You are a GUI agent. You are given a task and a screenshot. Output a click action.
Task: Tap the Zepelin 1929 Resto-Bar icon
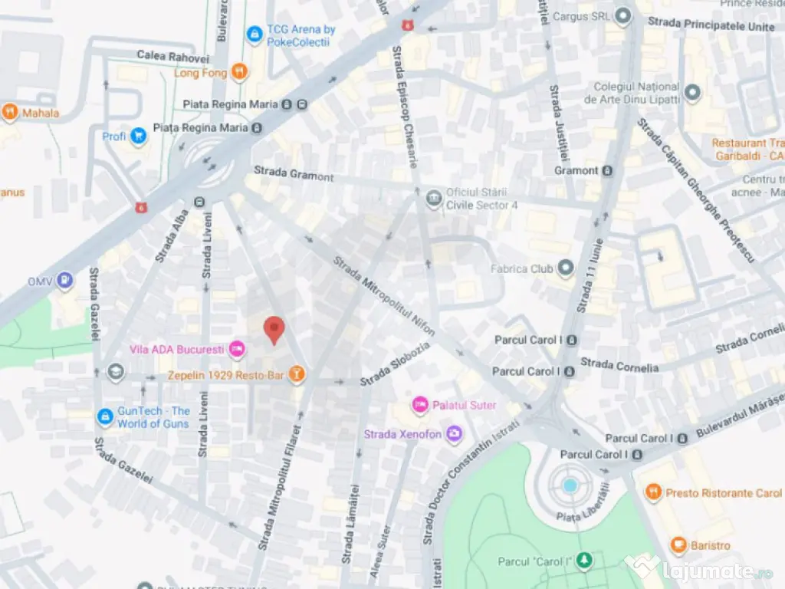click(x=296, y=375)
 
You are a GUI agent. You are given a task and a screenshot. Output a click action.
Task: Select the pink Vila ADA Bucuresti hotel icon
click(x=238, y=350)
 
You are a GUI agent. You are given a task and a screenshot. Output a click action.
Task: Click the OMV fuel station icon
click(x=66, y=281)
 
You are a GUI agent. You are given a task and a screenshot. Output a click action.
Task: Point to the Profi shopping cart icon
click(x=138, y=137)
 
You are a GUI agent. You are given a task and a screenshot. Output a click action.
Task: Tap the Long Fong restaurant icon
click(x=240, y=73)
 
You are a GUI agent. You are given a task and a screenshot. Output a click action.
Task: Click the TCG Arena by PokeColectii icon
click(x=255, y=35)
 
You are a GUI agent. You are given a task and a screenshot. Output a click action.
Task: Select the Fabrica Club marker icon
click(x=566, y=268)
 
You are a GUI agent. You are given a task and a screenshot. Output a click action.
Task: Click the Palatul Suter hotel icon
click(x=419, y=404)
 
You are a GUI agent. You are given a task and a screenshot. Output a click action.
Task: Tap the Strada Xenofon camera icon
click(x=455, y=434)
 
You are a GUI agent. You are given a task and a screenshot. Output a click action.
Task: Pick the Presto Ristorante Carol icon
click(x=653, y=492)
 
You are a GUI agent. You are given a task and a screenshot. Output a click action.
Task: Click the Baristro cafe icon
click(x=678, y=545)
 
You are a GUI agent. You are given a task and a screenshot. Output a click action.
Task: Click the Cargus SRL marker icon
click(x=622, y=15)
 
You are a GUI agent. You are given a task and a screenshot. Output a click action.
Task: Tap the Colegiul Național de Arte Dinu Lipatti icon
click(x=692, y=93)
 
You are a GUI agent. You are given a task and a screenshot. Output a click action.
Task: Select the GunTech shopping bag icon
click(x=105, y=416)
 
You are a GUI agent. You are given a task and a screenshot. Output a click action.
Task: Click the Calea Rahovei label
click(x=173, y=56)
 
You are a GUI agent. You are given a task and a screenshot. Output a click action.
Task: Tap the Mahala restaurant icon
click(x=10, y=113)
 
